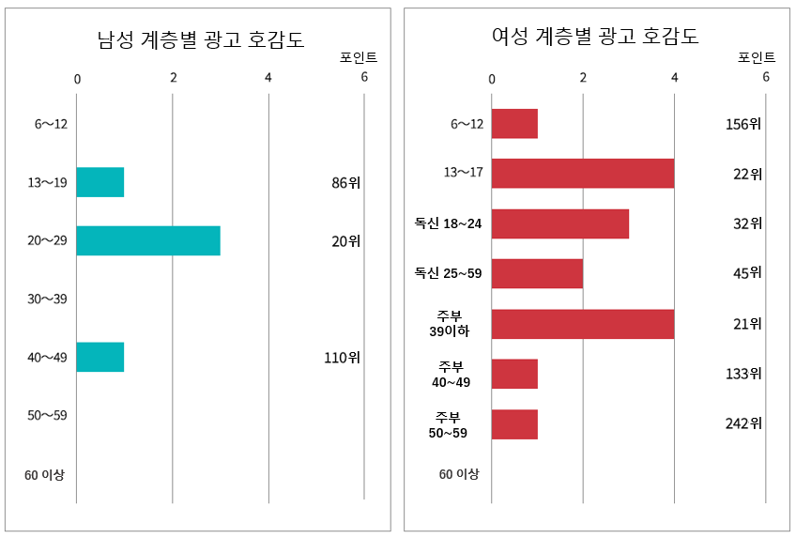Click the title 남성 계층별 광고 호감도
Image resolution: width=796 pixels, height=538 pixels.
pyautogui.click(x=201, y=39)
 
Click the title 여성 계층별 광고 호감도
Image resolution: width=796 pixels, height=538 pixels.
pyautogui.click(x=595, y=37)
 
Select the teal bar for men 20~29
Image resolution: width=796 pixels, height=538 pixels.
pyautogui.click(x=148, y=240)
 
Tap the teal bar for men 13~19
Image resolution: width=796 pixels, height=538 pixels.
pyautogui.click(x=100, y=182)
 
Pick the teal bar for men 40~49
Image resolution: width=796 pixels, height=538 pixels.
pyautogui.click(x=100, y=357)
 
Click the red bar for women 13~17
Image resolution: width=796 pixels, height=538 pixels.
pyautogui.click(x=583, y=174)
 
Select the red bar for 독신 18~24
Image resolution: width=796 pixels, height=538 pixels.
pyautogui.click(x=560, y=223)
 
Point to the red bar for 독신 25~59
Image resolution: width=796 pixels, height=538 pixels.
pyautogui.click(x=537, y=273)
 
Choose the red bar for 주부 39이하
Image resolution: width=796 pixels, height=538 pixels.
pyautogui.click(x=583, y=324)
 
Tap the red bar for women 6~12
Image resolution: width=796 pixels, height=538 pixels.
pyautogui.click(x=514, y=124)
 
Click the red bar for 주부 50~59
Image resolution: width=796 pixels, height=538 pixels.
pyautogui.click(x=514, y=424)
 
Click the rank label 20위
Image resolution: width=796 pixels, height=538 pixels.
pyautogui.click(x=345, y=241)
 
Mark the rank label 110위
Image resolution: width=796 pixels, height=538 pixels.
pyautogui.click(x=342, y=357)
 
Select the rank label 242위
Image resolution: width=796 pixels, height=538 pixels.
pyautogui.click(x=743, y=423)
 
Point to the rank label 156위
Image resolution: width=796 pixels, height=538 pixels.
pyautogui.click(x=743, y=124)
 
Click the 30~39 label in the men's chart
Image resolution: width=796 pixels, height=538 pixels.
pyautogui.click(x=48, y=299)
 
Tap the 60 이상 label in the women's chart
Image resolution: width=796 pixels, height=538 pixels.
pyautogui.click(x=459, y=474)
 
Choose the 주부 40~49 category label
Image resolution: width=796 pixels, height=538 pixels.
pyautogui.click(x=451, y=374)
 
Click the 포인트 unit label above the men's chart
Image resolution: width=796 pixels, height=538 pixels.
pyautogui.click(x=359, y=57)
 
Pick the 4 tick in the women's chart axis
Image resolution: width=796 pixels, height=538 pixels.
pyautogui.click(x=675, y=77)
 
